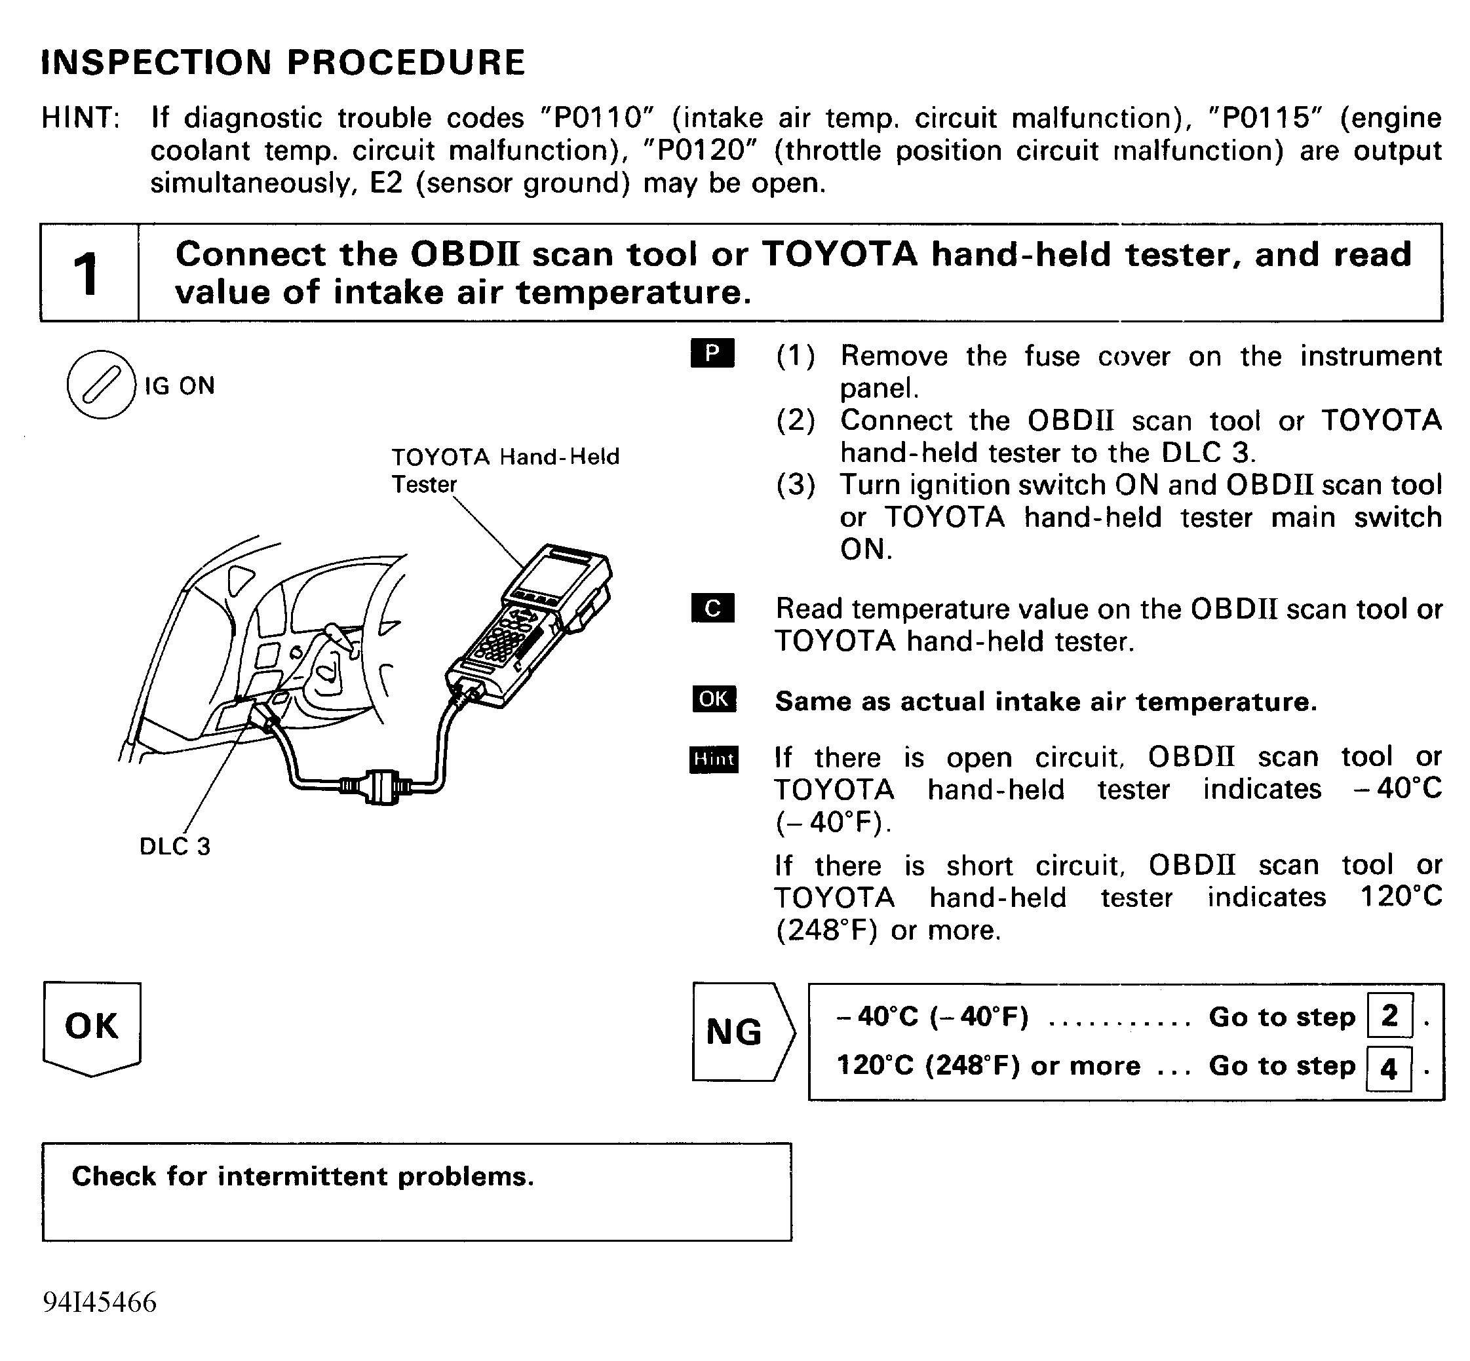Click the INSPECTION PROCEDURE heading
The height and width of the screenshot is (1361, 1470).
point(283,62)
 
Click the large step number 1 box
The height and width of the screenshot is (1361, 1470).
point(89,273)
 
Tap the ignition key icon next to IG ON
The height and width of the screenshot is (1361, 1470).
point(101,385)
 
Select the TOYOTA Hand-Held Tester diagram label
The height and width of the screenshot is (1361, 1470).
point(505,470)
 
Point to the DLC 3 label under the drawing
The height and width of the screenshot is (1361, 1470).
point(175,846)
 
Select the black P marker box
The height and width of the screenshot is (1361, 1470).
point(712,353)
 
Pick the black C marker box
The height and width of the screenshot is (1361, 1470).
point(712,607)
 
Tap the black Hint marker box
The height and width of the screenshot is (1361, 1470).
point(714,759)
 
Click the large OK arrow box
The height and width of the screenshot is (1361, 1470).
point(92,1028)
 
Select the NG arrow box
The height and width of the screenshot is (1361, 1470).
point(743,1032)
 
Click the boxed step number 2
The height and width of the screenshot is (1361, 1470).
point(1389,1016)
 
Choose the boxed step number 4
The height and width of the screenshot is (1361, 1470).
point(1389,1068)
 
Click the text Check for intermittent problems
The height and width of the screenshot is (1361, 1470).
point(303,1176)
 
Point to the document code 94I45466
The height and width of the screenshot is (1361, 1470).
point(100,1302)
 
